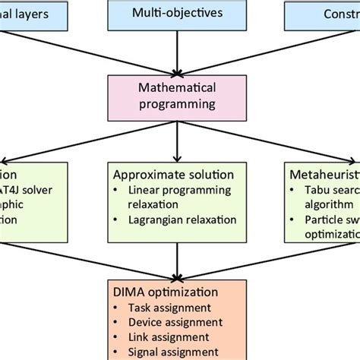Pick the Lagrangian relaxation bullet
pyautogui.click(x=176, y=220)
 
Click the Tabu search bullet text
pyautogui.click(x=331, y=189)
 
